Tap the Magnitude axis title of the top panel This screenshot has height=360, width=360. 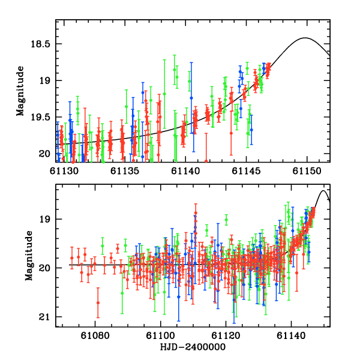(x=21, y=91)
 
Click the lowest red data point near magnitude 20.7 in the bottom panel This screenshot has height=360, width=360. (x=98, y=303)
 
